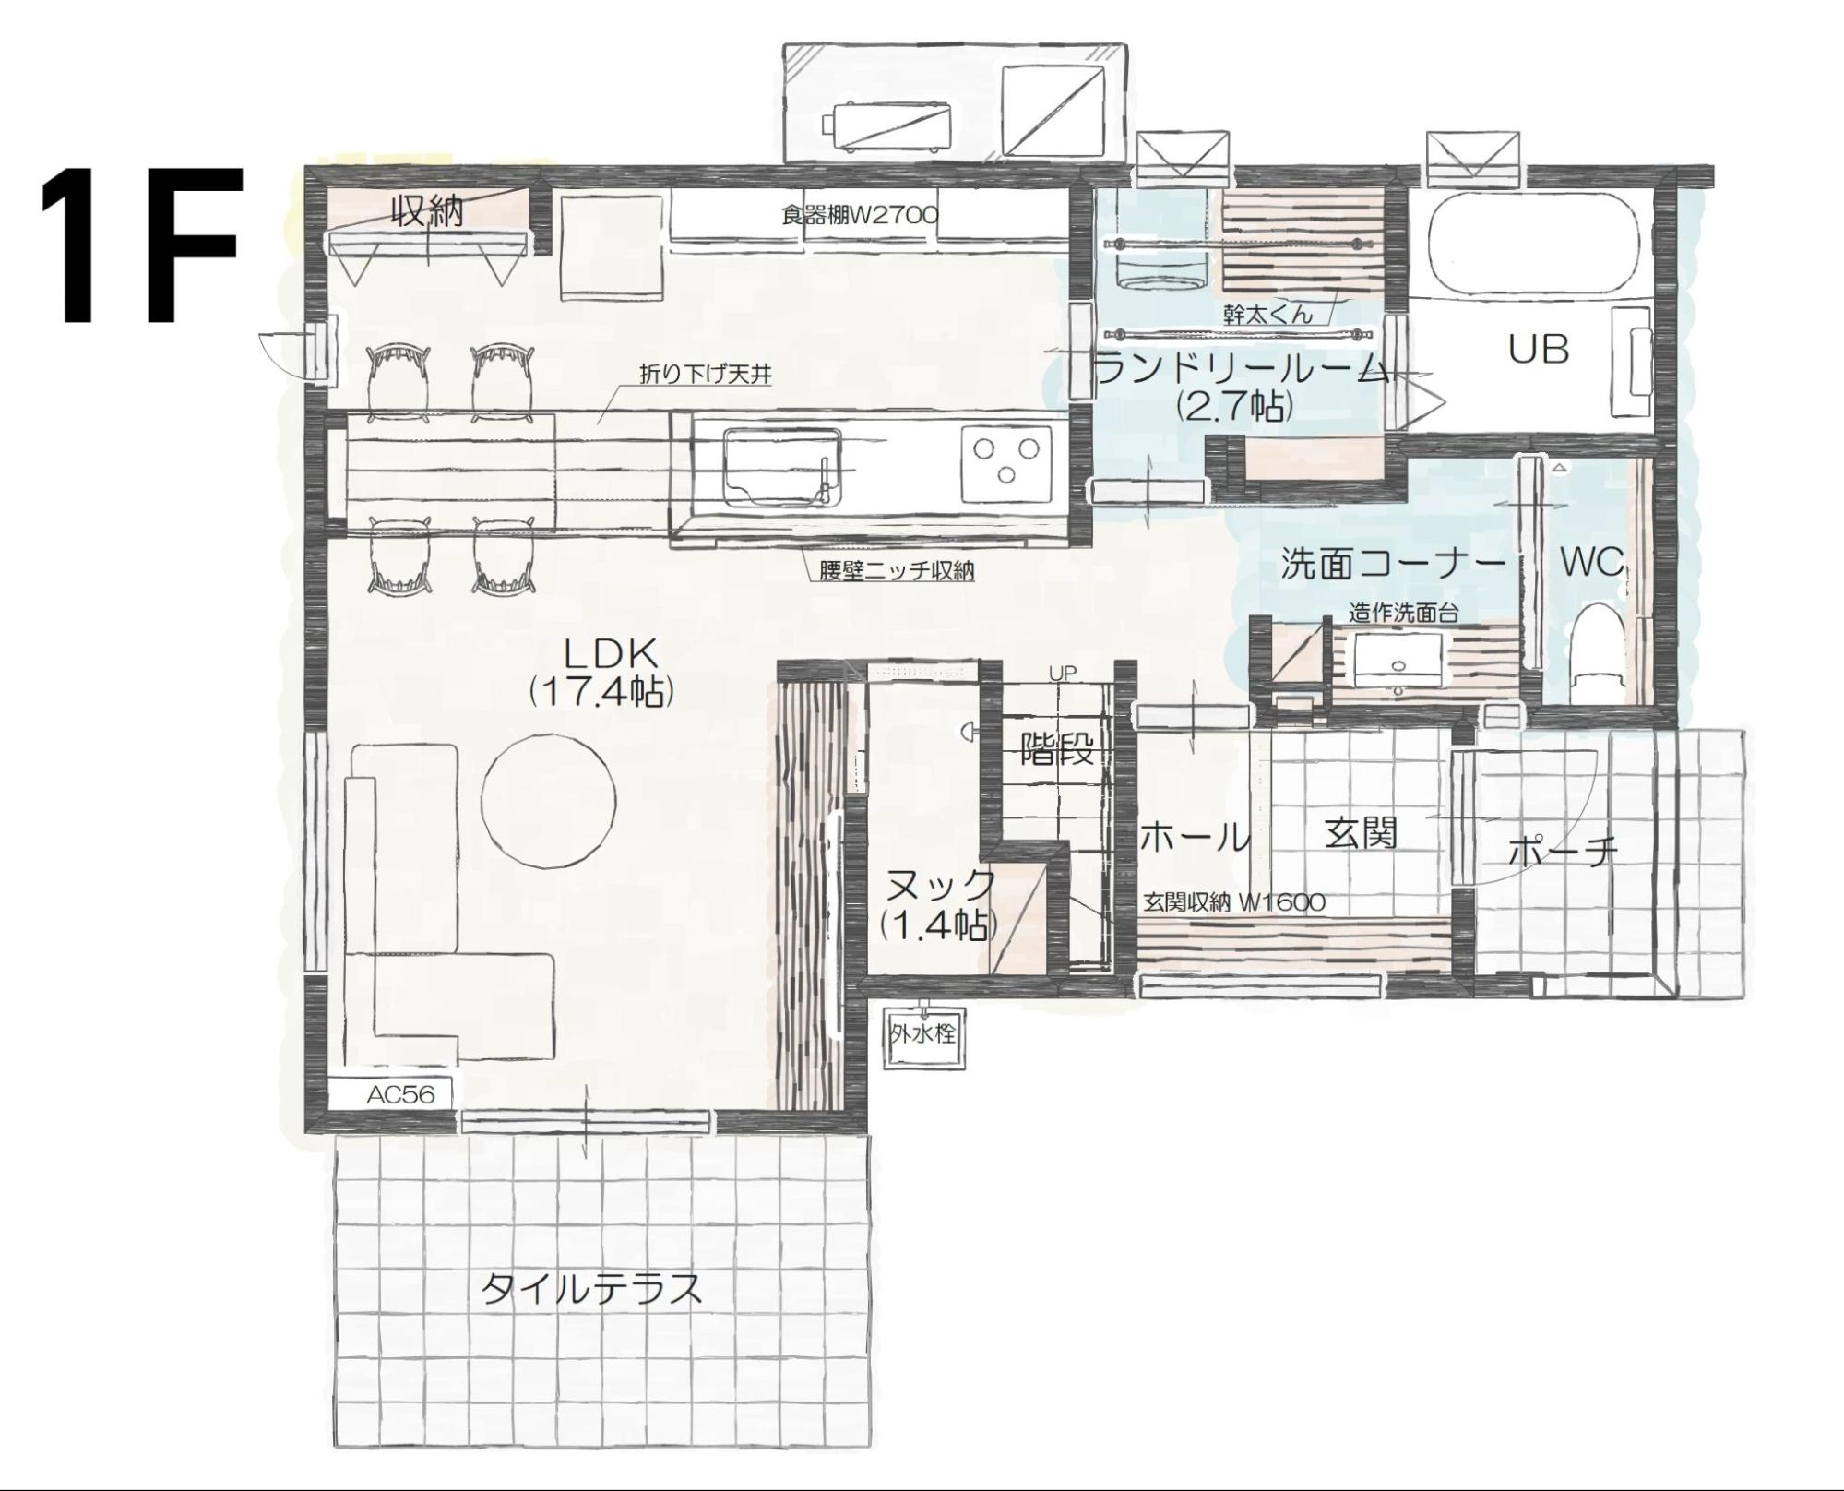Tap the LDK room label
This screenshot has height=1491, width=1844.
point(612,654)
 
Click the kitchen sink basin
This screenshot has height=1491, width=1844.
point(781,466)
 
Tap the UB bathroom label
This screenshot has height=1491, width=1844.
point(1539,350)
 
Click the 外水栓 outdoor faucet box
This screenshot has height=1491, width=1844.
point(922,1034)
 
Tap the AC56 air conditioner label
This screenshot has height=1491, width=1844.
point(400,1094)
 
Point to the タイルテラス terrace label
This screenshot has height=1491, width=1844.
point(592,1289)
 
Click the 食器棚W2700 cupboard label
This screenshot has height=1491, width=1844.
point(860,216)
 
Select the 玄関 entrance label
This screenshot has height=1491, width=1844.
point(1361,833)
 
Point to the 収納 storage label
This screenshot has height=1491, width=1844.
point(427,212)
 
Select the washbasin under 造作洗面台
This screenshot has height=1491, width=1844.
point(1397,656)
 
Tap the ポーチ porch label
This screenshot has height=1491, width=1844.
point(1563,851)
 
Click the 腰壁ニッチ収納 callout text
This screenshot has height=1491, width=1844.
point(898,571)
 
